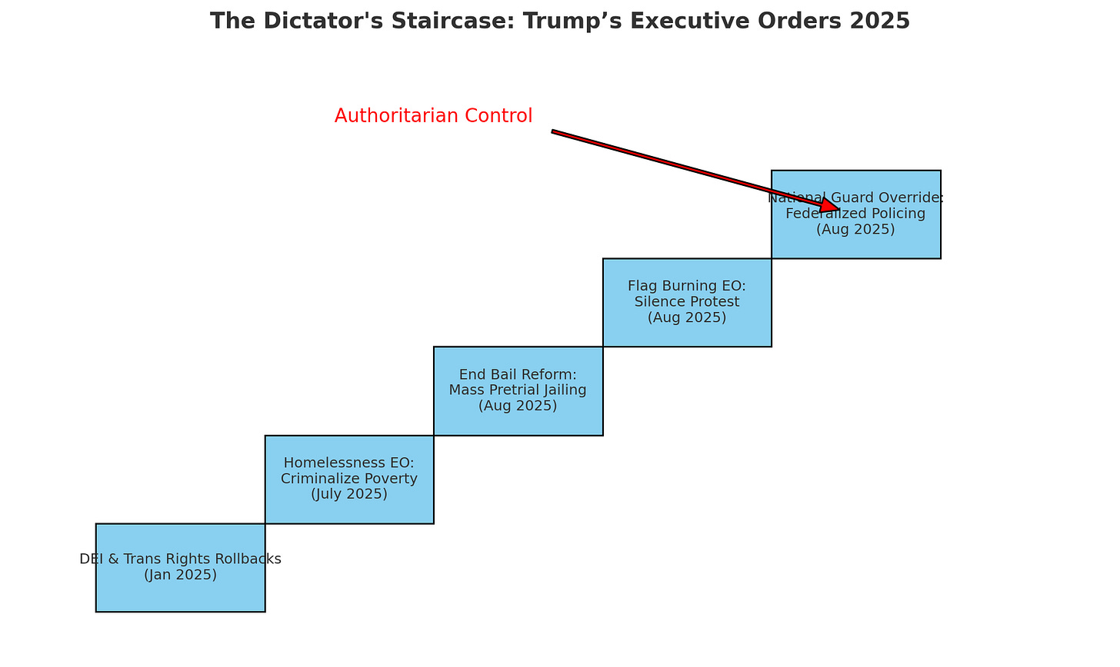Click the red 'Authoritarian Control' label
433,116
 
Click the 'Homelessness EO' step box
349,507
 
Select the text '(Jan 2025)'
180,575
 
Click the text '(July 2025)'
349,494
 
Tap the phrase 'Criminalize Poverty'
349,479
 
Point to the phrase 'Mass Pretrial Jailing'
518,390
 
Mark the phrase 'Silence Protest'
687,301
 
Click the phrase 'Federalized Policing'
855,213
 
